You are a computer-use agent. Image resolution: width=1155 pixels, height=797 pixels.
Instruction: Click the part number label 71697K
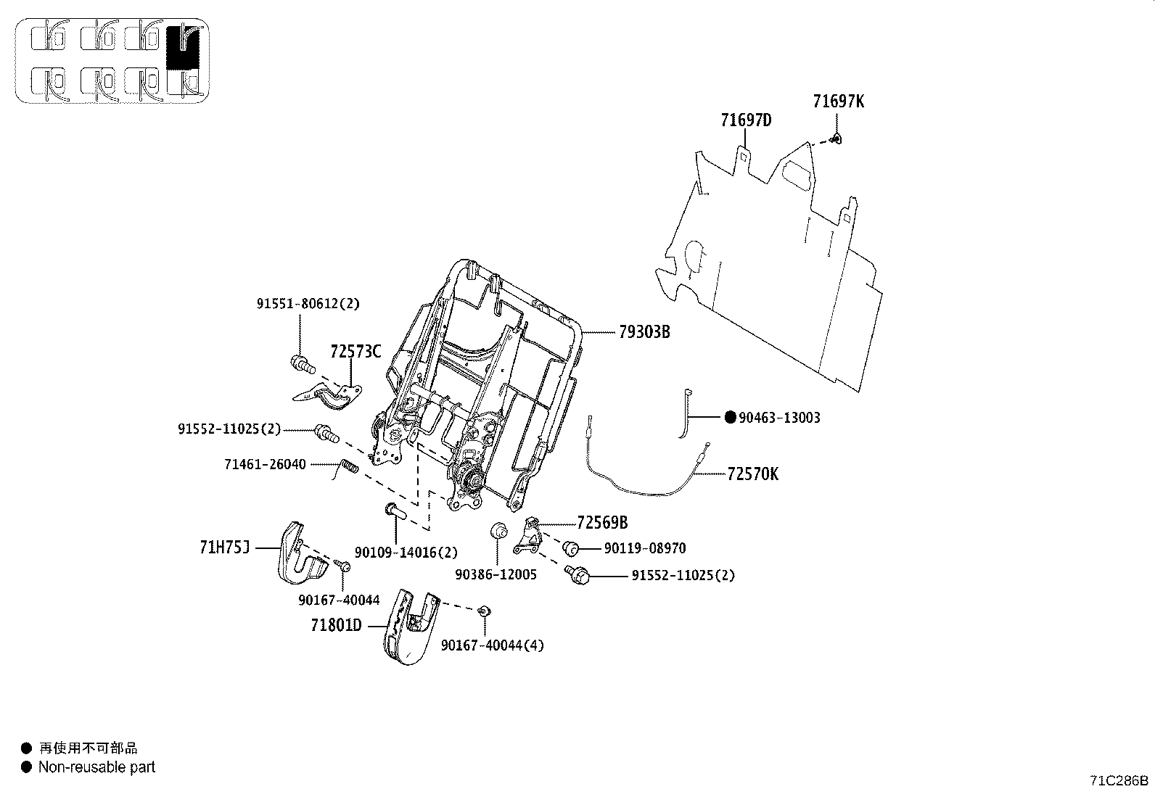[x=838, y=102]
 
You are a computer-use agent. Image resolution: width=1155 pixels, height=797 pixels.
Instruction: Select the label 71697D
[x=746, y=120]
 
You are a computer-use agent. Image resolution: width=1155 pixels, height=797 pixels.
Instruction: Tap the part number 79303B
[x=644, y=332]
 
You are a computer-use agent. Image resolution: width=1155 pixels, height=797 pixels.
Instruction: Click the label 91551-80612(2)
[x=308, y=305]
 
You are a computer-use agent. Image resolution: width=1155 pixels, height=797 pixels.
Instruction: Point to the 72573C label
[x=355, y=352]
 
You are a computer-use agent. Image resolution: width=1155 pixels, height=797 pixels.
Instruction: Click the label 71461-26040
[x=265, y=464]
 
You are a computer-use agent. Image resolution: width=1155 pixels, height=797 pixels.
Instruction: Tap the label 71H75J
[x=225, y=546]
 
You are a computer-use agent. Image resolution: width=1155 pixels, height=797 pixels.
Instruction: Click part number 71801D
[x=336, y=624]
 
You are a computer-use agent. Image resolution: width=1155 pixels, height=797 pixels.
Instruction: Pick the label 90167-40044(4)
[x=492, y=645]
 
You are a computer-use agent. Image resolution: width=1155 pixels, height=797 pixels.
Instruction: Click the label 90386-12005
[x=496, y=575]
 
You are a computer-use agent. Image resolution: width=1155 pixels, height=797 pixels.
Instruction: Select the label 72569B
[x=602, y=522]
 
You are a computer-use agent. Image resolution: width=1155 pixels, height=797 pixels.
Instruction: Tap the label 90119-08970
[x=644, y=549]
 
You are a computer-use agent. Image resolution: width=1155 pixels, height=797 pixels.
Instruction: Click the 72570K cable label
[x=752, y=474]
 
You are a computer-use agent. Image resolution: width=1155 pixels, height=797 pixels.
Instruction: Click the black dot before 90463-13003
[x=730, y=417]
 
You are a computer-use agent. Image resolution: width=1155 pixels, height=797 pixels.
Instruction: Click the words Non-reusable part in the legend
[x=96, y=767]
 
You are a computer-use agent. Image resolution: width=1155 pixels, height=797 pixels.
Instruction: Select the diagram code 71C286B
[x=1119, y=780]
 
